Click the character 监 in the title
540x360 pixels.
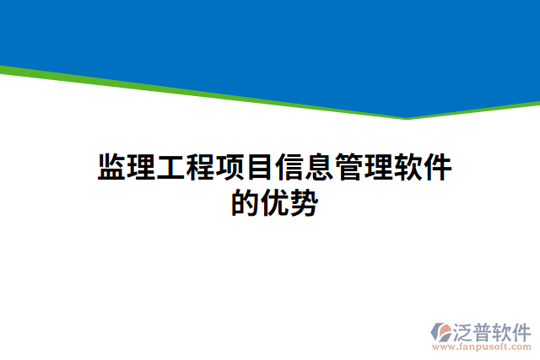pyautogui.click(x=112, y=168)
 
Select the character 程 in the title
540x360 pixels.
pyautogui.click(x=200, y=168)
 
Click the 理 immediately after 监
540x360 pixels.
pyautogui.click(x=142, y=168)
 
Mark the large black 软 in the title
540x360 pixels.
pyautogui.click(x=407, y=168)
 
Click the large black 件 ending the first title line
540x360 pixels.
pyautogui.click(x=436, y=168)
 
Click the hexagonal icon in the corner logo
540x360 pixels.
pyautogui.click(x=442, y=331)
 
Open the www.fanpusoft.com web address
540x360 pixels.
pyautogui.click(x=482, y=347)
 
